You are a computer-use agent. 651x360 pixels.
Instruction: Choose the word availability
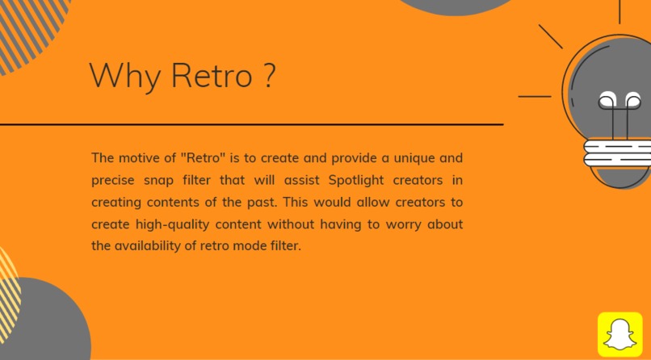click(153, 245)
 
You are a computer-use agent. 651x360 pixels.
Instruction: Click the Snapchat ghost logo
click(619, 334)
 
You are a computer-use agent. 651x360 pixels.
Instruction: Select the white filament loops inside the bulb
click(619, 102)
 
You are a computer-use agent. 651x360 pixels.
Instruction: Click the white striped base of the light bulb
click(616, 152)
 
